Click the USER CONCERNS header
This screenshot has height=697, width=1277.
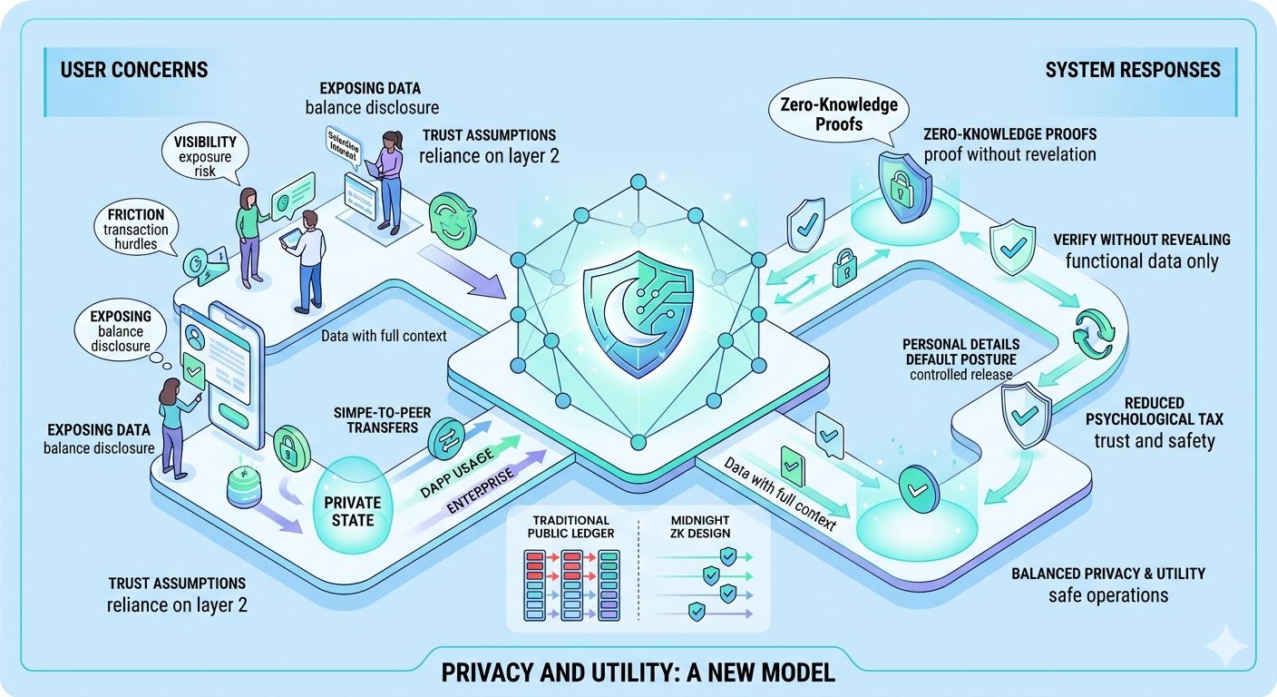click(134, 70)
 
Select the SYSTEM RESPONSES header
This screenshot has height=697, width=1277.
click(1133, 70)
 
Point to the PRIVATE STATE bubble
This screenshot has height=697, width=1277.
click(352, 511)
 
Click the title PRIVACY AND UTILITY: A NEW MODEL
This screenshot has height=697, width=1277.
click(638, 673)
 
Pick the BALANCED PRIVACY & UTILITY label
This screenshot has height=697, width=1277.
click(1107, 574)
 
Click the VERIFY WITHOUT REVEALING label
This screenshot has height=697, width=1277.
click(1142, 240)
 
